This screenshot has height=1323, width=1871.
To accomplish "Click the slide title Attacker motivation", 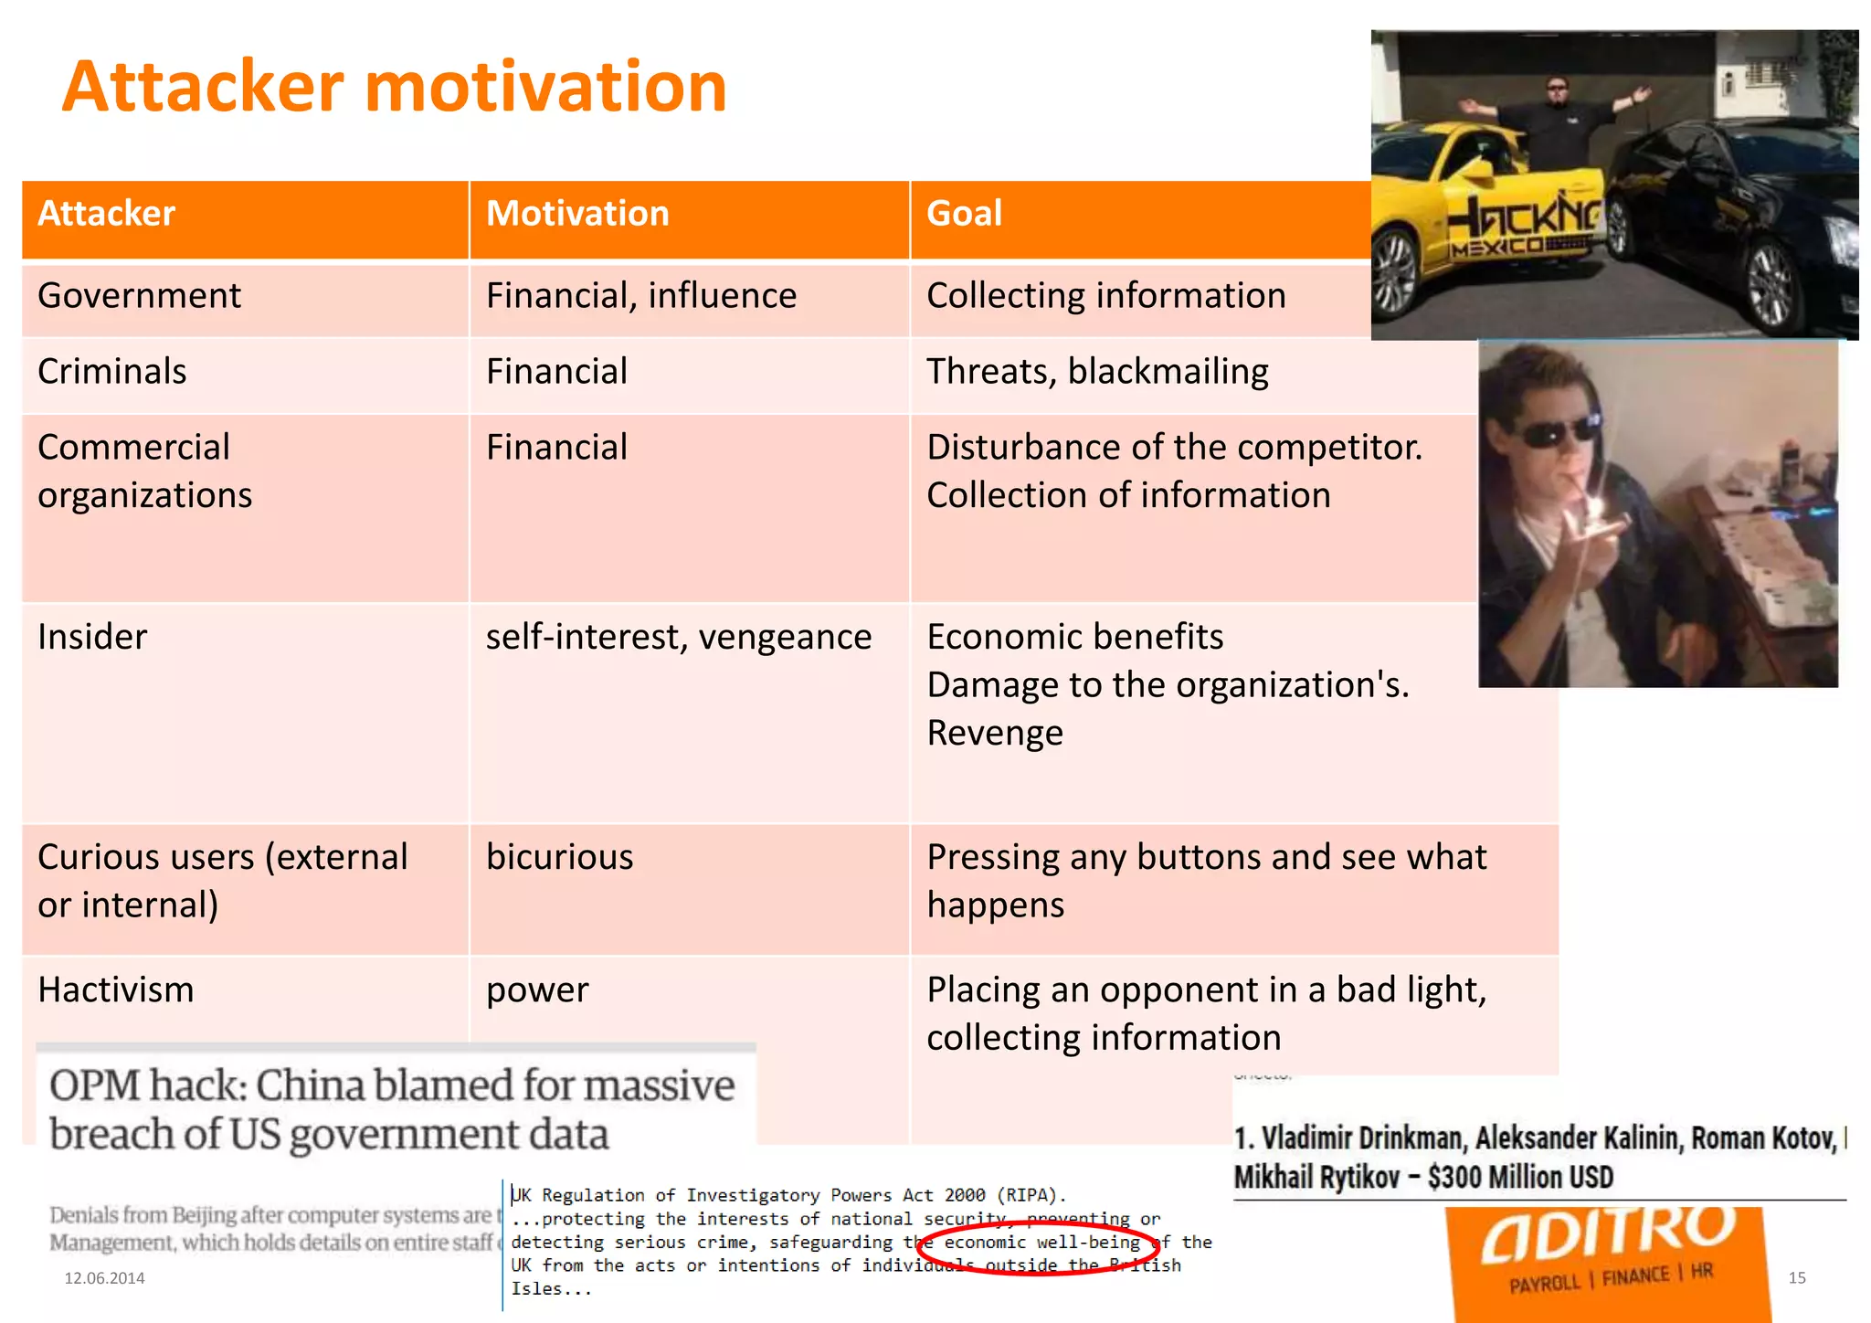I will pyautogui.click(x=395, y=87).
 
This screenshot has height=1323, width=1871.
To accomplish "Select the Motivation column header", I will pyautogui.click(x=577, y=214).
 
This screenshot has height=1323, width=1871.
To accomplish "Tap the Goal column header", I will pyautogui.click(x=964, y=214).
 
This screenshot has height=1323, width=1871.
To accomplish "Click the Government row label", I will pyautogui.click(x=139, y=296).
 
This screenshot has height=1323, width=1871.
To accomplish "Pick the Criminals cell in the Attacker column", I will pyautogui.click(x=112, y=372).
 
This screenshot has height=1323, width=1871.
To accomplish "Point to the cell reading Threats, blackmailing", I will pyautogui.click(x=1097, y=372).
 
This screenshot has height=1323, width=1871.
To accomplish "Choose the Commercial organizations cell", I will pyautogui.click(x=145, y=471).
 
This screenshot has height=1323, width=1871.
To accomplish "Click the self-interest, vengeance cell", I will pyautogui.click(x=678, y=637).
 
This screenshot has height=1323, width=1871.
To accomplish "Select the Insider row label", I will pyautogui.click(x=92, y=637).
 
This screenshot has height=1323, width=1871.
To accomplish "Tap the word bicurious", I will pyautogui.click(x=559, y=857).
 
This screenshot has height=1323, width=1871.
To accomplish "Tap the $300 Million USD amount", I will pyautogui.click(x=1521, y=1177).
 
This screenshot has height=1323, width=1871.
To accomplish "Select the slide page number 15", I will pyautogui.click(x=1796, y=1278).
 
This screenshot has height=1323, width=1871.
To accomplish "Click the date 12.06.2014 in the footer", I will pyautogui.click(x=104, y=1278).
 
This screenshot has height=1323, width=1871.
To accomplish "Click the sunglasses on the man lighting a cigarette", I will pyautogui.click(x=1565, y=429).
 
